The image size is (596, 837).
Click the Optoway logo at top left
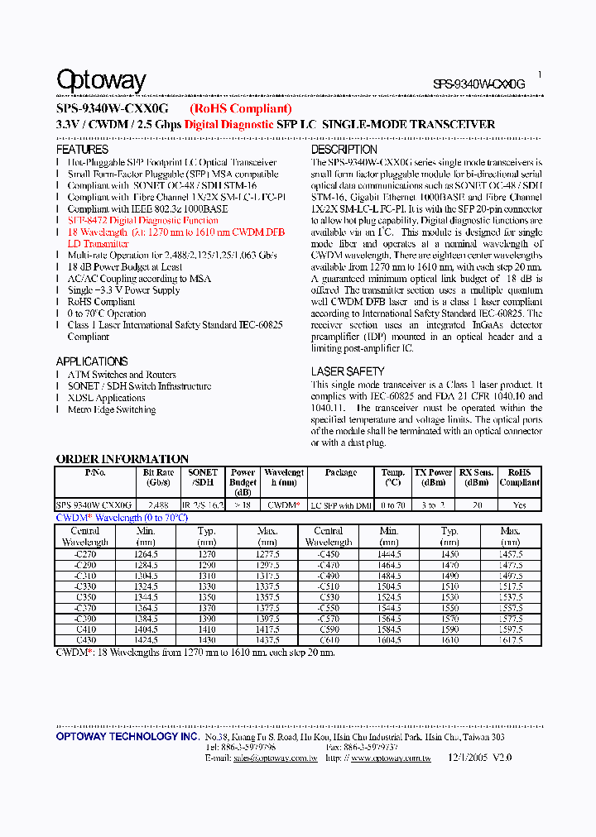(101, 80)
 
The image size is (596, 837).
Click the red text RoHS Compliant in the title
(240, 108)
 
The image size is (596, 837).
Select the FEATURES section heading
(82, 150)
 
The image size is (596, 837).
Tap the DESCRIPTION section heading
(344, 150)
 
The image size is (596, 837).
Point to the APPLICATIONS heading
(92, 361)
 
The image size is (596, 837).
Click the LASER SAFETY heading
(348, 371)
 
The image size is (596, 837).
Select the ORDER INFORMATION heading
(123, 459)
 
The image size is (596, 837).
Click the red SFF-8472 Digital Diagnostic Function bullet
(142, 221)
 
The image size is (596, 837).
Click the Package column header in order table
(341, 472)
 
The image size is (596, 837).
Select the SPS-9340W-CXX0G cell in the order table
(94, 505)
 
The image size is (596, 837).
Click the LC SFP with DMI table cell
(340, 505)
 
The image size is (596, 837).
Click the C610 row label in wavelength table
(329, 640)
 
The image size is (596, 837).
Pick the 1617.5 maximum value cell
(511, 640)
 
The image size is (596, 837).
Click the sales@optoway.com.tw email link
(275, 758)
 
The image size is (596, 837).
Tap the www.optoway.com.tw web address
(387, 758)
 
